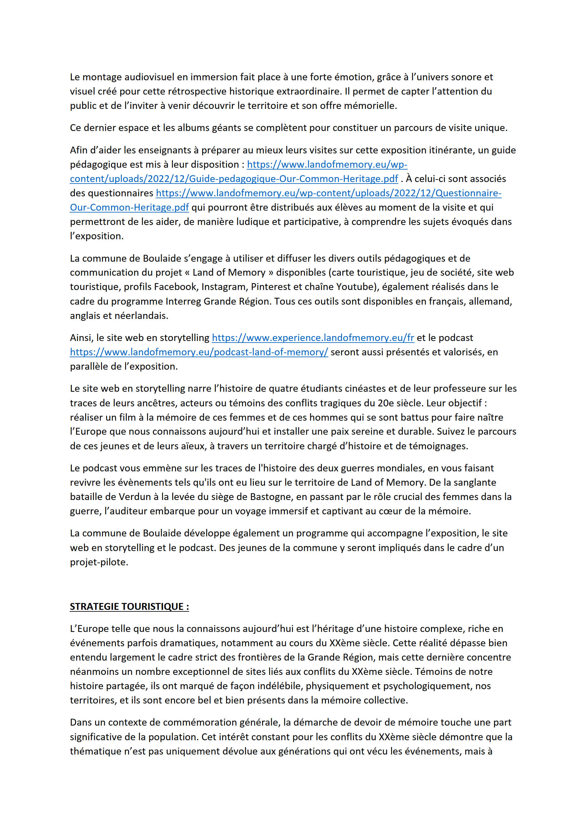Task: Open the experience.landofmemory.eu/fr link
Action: pos(313,338)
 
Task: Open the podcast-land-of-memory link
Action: pos(199,352)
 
